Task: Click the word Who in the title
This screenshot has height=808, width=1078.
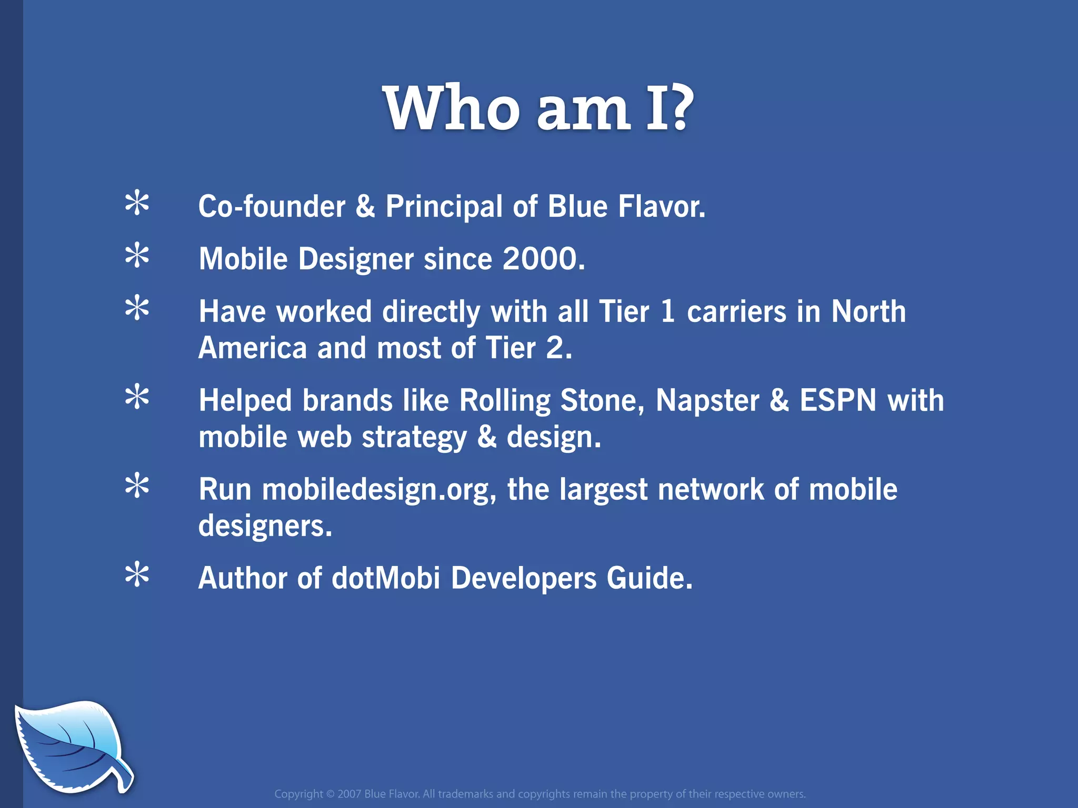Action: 451,108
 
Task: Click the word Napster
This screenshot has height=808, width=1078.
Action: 707,401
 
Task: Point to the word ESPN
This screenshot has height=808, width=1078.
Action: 838,401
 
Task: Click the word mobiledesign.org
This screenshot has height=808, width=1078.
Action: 379,490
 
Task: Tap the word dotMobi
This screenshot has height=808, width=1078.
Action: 386,578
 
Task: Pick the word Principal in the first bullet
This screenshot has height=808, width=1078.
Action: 444,206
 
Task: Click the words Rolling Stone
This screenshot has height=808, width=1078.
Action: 551,401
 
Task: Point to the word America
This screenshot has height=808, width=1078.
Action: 253,348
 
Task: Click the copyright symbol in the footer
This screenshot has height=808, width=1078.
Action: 330,794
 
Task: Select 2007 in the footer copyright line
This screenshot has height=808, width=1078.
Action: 349,794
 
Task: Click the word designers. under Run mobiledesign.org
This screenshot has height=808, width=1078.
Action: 265,526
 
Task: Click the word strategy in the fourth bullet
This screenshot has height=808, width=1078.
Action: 414,438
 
